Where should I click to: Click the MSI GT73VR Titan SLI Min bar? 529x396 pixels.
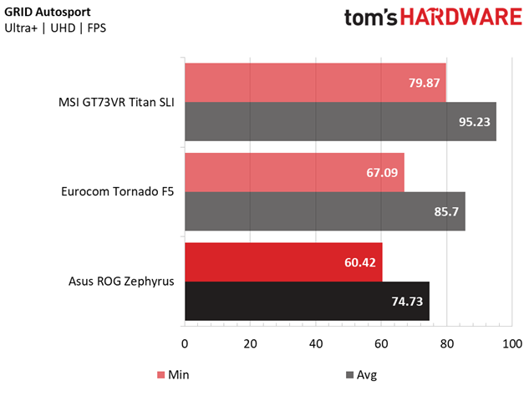point(315,82)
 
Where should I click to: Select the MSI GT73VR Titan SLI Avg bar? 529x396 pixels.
point(340,121)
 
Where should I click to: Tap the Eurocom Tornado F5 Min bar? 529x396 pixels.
point(294,172)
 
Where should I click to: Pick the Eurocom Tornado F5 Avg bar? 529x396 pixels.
point(324,211)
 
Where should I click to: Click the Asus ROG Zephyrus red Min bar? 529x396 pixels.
point(283,261)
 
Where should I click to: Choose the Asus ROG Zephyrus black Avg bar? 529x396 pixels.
point(307,301)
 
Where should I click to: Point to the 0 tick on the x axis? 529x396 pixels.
point(185,343)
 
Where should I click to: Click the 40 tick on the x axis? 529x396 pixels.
point(316,343)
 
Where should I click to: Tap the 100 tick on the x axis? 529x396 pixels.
point(512,343)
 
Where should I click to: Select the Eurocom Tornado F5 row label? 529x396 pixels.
point(117,191)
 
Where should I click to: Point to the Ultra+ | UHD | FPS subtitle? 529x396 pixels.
point(56,28)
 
